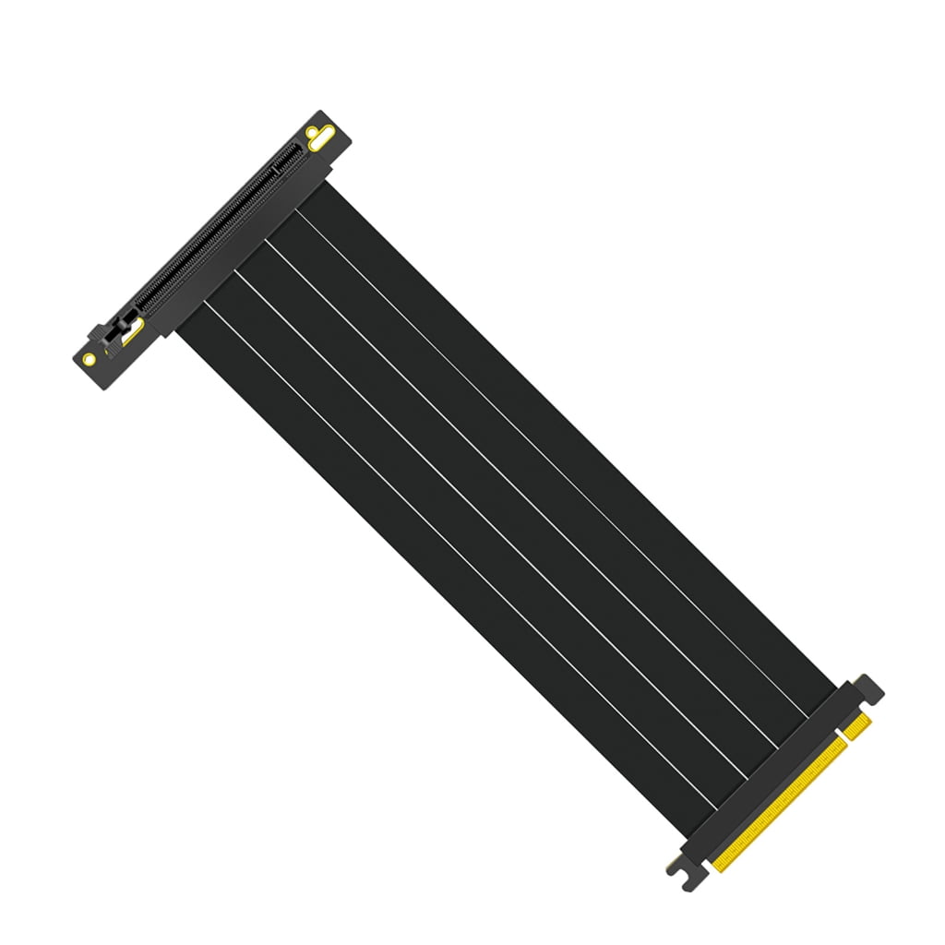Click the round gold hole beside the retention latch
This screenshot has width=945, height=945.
tap(90, 358)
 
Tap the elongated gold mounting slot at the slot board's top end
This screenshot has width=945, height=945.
tap(318, 140)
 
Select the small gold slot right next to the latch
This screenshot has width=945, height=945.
tap(133, 330)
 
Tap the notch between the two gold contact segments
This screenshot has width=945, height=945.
tap(843, 741)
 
